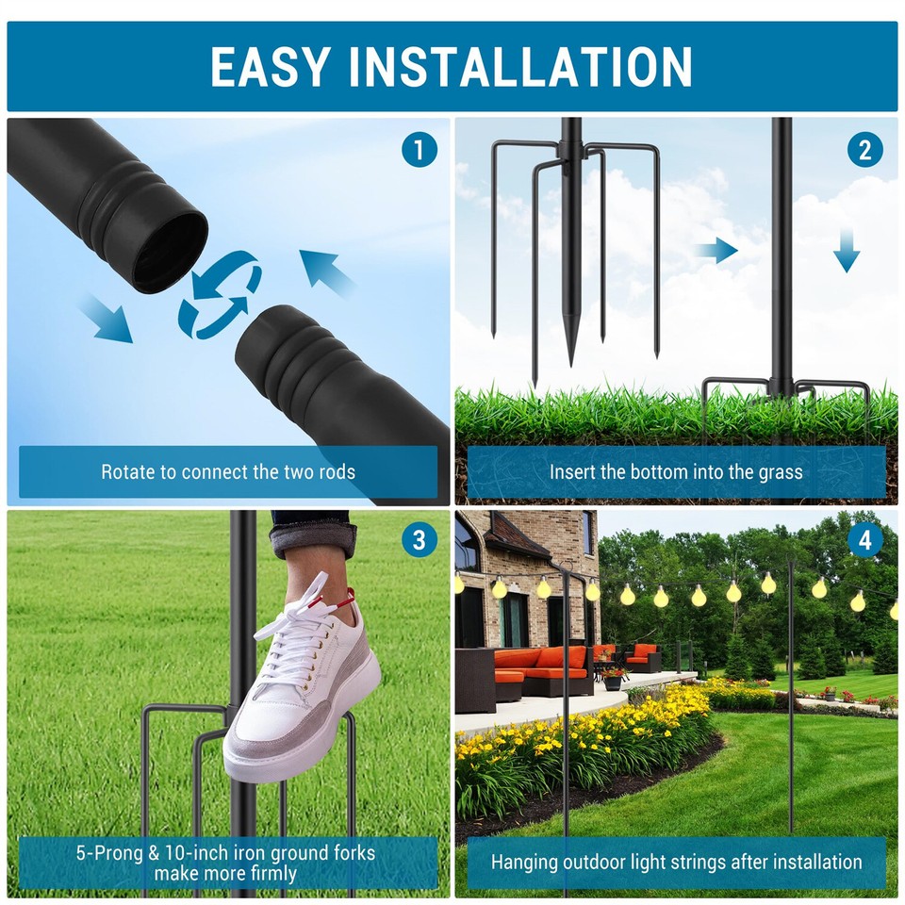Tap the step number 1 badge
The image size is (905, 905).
click(420, 150)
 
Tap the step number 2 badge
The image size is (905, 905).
click(865, 150)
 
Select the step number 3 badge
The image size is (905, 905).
click(420, 541)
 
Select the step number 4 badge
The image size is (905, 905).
click(865, 541)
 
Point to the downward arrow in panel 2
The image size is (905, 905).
click(847, 251)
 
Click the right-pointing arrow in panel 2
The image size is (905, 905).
click(716, 250)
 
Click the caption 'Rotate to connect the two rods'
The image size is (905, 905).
click(228, 471)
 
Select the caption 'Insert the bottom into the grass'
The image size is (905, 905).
click(676, 471)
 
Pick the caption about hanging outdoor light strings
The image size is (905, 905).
click(676, 862)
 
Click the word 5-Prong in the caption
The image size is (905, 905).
click(108, 853)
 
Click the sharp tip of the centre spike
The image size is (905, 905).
click(570, 363)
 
